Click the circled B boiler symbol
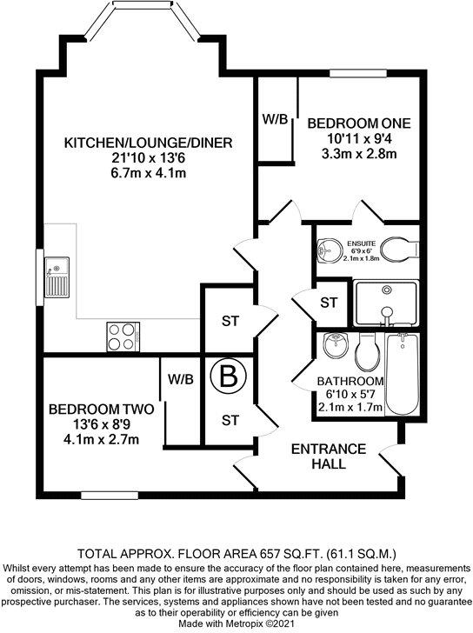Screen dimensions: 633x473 229,376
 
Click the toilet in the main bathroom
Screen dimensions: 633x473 365,351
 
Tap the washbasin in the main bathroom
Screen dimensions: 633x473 333,347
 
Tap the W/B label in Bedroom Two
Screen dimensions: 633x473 180,380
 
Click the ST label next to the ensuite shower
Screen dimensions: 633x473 329,303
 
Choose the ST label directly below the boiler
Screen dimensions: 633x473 230,421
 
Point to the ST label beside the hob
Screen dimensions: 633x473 230,321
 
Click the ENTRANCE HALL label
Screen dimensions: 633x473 318,456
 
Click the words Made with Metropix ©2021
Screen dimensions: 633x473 236,624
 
